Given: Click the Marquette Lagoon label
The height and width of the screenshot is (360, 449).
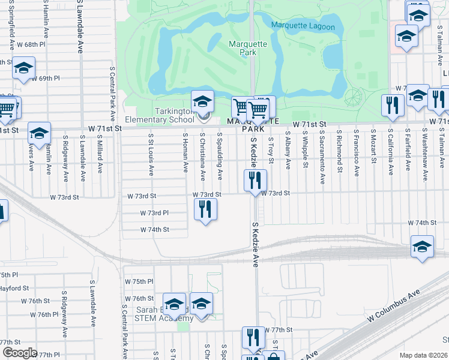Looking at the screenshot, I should [306, 25].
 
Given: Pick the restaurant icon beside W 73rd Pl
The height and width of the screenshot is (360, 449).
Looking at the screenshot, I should [205, 209].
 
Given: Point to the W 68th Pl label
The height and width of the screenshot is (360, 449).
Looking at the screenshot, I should [31, 45].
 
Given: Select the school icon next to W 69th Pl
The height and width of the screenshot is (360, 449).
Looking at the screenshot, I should [23, 68].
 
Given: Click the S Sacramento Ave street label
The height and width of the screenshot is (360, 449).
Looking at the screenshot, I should [322, 157].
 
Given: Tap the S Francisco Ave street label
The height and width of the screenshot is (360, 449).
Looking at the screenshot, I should [357, 154].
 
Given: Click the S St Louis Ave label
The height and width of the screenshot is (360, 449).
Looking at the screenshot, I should [150, 155].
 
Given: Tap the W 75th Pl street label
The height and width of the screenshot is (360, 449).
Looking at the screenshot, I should [139, 281].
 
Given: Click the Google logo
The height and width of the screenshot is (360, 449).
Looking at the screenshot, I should [19, 353].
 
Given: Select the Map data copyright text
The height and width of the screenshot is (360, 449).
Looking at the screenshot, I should [423, 355].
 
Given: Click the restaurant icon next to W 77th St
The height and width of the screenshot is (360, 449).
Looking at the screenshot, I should [253, 337].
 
